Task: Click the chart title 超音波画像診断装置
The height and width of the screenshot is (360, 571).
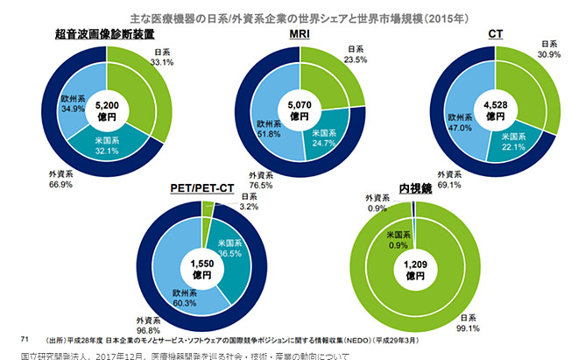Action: click(x=105, y=34)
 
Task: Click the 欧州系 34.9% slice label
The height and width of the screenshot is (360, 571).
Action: click(x=74, y=102)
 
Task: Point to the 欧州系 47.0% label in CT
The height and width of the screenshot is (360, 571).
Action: click(x=461, y=120)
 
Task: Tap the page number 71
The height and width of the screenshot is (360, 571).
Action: click(x=25, y=336)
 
